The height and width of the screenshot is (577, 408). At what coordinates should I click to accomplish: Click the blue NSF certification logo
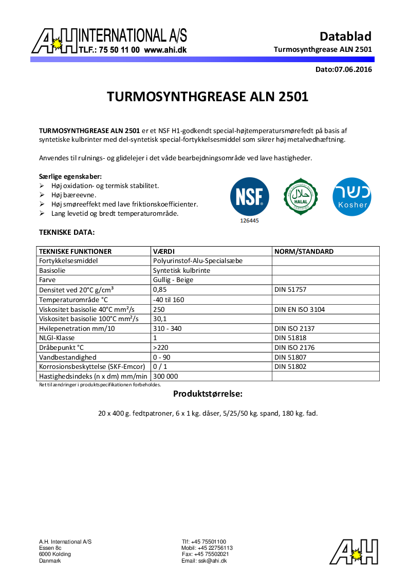tap(249, 196)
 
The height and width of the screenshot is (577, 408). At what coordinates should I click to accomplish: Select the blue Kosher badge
tap(352, 196)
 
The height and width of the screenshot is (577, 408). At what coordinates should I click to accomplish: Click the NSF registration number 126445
tap(249, 220)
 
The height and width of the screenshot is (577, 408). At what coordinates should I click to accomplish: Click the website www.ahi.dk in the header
tap(165, 50)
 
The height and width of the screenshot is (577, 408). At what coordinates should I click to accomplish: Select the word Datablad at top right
tap(345, 36)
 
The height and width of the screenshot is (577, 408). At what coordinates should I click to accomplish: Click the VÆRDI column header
tap(164, 251)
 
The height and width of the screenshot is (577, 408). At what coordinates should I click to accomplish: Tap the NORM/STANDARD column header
tap(304, 251)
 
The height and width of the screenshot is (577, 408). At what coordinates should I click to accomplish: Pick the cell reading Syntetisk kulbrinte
tap(181, 270)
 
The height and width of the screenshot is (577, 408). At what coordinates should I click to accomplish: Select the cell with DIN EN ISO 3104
tap(300, 309)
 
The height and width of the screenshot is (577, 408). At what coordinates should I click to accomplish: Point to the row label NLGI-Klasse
tap(57, 338)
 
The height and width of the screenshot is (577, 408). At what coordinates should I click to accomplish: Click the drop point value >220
tap(160, 348)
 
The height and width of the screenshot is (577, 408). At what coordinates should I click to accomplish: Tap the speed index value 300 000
tap(165, 377)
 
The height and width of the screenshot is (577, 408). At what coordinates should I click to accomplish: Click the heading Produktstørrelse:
tap(207, 394)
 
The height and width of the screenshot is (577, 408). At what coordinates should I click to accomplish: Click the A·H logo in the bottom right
tap(354, 552)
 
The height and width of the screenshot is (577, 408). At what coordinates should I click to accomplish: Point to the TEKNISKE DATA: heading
tap(67, 232)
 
